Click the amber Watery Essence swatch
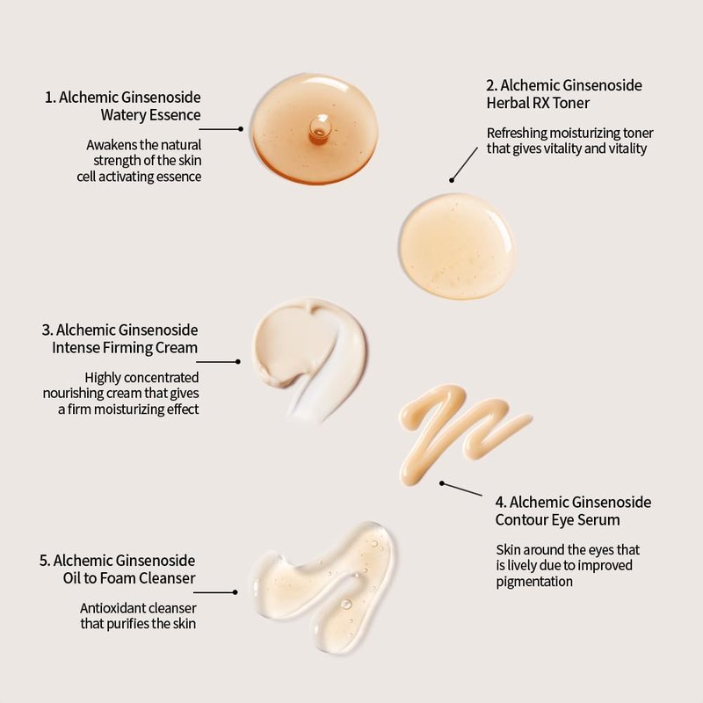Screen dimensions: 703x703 click(315, 128)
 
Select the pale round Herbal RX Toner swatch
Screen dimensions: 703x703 click(457, 246)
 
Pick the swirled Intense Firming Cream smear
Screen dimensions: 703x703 click(309, 357)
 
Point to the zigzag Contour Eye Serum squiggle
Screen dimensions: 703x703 click(462, 432)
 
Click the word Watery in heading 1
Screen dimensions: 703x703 click(122, 115)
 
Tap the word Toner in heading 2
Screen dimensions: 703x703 click(571, 103)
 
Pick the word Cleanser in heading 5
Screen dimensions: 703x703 click(167, 578)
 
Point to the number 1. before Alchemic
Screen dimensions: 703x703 click(50, 98)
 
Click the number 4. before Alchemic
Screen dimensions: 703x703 click(501, 502)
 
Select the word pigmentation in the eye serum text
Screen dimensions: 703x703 click(534, 582)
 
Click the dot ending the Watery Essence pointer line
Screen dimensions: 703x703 click(241, 129)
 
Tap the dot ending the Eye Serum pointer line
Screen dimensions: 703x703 click(442, 483)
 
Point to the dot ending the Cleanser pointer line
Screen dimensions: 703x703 click(235, 592)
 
